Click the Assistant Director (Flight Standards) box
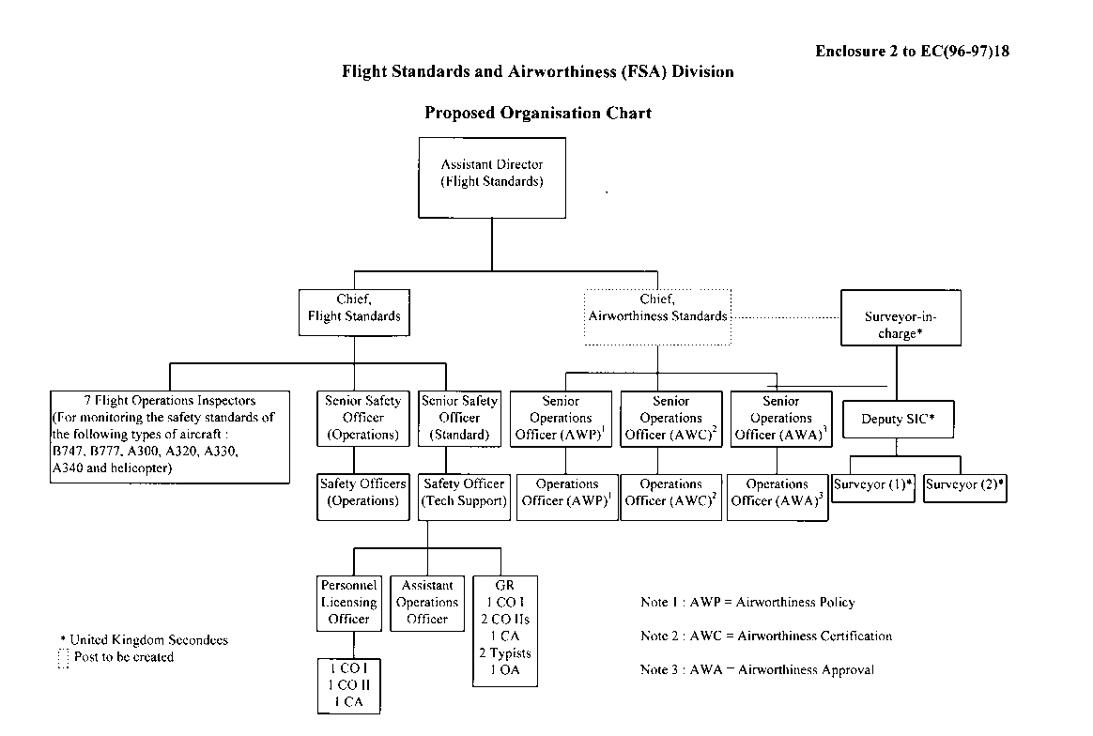492,177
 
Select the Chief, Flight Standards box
354,309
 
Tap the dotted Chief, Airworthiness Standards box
657,309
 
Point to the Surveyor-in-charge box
900,318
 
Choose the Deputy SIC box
898,420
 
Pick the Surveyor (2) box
965,486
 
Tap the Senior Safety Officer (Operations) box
362,418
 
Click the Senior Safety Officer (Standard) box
460,418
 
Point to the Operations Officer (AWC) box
670,494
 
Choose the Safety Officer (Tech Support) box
464,493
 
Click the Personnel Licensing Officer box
349,603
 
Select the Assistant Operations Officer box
427,603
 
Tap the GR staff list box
504,628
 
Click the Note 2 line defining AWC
765,636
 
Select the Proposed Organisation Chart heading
537,114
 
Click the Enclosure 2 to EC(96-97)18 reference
912,52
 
